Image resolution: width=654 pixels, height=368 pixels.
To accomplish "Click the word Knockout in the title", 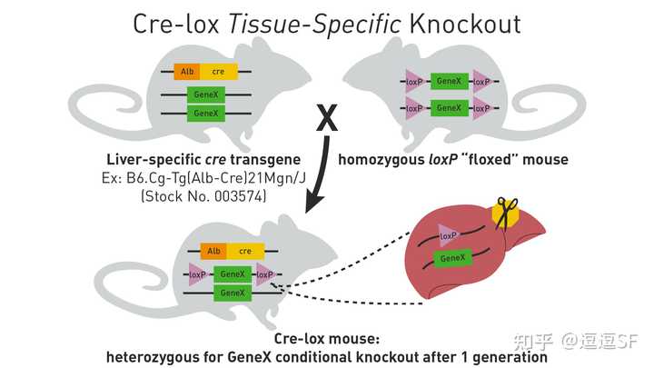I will tap(466, 24).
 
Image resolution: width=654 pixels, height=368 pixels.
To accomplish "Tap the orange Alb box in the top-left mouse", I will tap(188, 71).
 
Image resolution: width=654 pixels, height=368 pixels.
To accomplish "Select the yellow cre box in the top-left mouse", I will tap(219, 71).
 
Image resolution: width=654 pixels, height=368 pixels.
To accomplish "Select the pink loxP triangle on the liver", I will tap(447, 234).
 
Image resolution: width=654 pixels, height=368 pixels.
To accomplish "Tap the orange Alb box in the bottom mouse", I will tap(214, 251).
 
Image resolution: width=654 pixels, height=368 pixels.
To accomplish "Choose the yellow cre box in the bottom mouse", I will tap(244, 251).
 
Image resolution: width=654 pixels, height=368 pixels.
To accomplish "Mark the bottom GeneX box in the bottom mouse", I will tap(233, 293).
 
